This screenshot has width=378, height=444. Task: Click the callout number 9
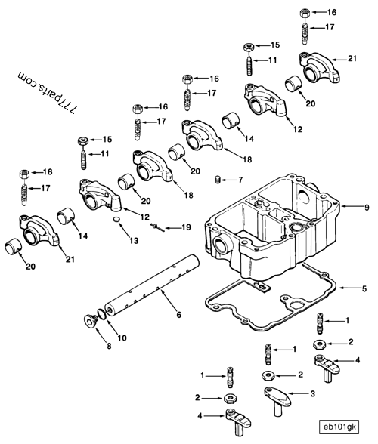click(367, 207)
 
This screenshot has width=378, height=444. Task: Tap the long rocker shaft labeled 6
click(152, 285)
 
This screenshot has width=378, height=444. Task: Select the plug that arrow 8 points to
click(91, 321)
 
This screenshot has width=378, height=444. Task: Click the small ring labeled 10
click(101, 314)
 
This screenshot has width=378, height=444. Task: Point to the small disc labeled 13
click(117, 220)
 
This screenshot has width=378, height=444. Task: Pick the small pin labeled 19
click(158, 227)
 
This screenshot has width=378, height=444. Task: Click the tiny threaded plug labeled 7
click(217, 180)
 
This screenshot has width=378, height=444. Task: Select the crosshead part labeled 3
click(278, 399)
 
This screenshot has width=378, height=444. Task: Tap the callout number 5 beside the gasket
click(364, 288)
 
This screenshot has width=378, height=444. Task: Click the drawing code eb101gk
click(339, 427)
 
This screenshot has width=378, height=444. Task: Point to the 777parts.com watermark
click(47, 92)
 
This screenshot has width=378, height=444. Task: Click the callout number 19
click(186, 227)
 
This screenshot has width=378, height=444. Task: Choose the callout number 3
click(312, 393)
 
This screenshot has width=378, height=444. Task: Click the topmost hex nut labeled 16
click(305, 14)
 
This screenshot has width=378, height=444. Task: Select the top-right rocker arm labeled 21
click(319, 67)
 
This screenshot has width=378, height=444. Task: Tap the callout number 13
click(134, 240)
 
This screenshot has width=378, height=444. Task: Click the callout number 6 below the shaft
click(178, 315)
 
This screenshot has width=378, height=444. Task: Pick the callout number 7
click(240, 180)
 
